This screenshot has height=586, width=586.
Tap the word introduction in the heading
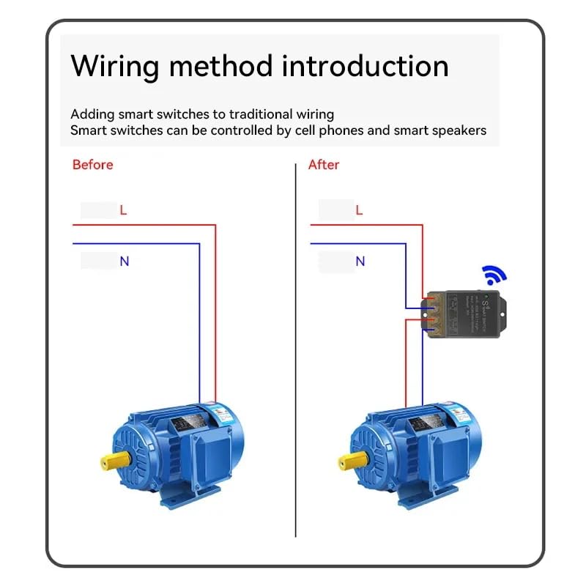coord(365,66)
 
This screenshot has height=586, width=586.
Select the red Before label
coord(93,165)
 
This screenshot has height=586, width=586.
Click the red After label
coord(324,165)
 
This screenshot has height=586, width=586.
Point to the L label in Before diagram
coord(123,210)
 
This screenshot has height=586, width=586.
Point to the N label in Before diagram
coord(124,261)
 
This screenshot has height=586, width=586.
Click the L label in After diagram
coord(359,210)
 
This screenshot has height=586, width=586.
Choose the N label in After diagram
coord(360,261)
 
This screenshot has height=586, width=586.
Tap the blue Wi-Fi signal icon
coord(494,276)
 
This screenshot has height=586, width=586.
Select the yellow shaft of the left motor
coord(111,461)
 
